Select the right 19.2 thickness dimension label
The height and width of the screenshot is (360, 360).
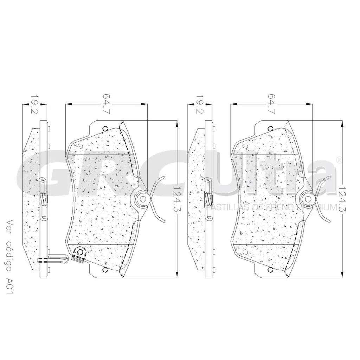tap(200, 105)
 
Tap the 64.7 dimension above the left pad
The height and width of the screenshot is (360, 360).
tap(107, 104)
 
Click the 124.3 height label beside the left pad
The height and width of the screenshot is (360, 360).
tap(178, 199)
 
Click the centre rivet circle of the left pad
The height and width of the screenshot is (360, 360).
tap(143, 199)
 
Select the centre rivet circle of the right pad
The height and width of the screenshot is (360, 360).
tap(308, 199)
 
